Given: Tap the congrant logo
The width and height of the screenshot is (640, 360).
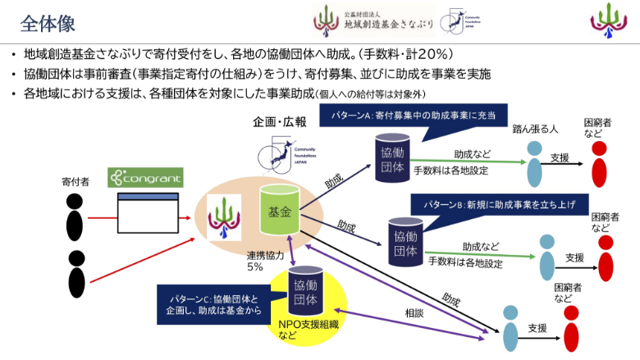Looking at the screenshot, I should coord(144,176).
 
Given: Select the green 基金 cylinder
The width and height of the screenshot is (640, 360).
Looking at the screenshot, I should coord(280,211).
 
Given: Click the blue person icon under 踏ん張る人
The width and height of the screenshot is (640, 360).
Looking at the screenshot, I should coord(534,163).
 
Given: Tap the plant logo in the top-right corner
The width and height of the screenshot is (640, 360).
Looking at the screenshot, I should coord(607,21).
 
